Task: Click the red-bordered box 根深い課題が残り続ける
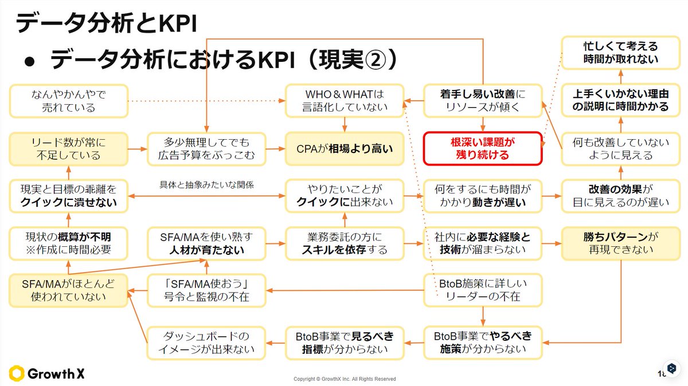(x=483, y=148)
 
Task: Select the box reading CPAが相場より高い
(x=345, y=148)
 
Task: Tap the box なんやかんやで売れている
(x=68, y=100)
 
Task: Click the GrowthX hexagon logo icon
(x=17, y=373)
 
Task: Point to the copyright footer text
(x=344, y=379)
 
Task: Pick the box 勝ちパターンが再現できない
(x=621, y=243)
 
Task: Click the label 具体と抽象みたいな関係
(x=206, y=185)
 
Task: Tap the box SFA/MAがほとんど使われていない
(x=68, y=290)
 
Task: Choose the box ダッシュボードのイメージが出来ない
(x=206, y=342)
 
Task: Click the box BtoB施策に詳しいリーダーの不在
(x=482, y=290)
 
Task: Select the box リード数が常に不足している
(x=68, y=148)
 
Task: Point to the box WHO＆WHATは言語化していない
(x=345, y=100)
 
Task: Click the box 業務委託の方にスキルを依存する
(x=345, y=243)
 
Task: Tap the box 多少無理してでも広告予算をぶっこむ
(x=206, y=148)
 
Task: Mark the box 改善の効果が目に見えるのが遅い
(x=621, y=195)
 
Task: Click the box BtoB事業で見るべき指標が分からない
(x=345, y=342)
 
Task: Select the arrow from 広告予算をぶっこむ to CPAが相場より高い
(x=276, y=148)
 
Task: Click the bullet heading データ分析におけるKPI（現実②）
(x=224, y=60)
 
